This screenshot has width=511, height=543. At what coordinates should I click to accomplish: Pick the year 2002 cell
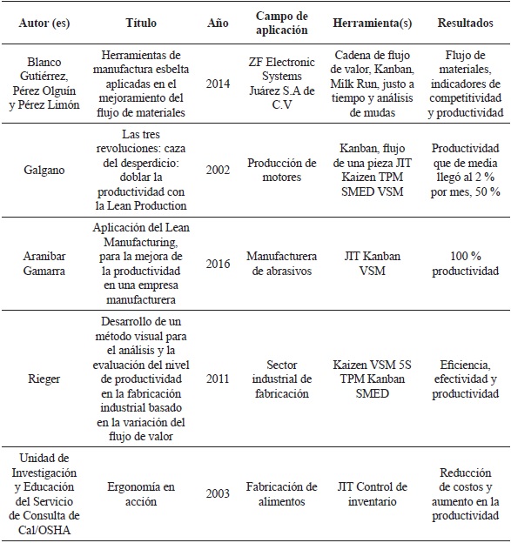pyautogui.click(x=219, y=171)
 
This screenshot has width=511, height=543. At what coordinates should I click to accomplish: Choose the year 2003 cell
pyautogui.click(x=219, y=493)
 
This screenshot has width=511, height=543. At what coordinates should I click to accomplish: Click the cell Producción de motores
pyautogui.click(x=281, y=171)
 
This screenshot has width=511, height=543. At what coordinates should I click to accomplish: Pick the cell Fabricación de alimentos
pyautogui.click(x=281, y=493)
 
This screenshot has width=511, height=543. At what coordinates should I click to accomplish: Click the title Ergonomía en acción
pyautogui.click(x=140, y=493)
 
